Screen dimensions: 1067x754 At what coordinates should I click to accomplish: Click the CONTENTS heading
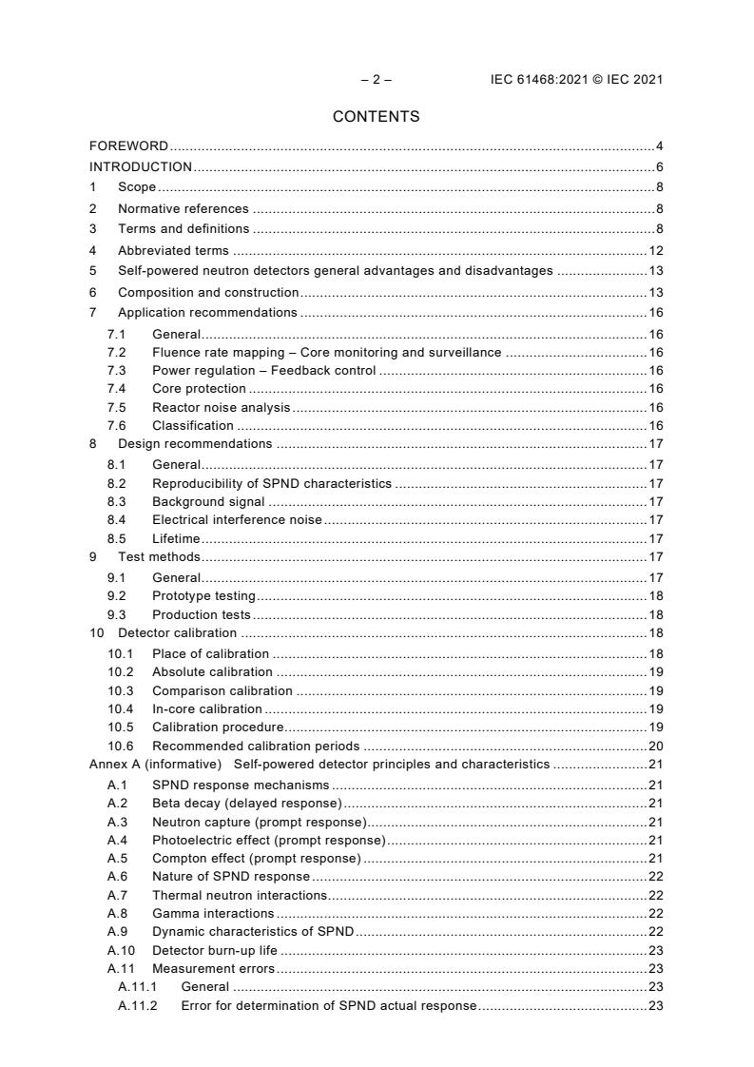[376, 117]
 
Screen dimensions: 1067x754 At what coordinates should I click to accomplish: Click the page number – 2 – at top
[376, 80]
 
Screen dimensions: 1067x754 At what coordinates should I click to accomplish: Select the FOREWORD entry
[128, 146]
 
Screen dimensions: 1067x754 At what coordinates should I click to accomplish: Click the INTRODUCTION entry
[141, 166]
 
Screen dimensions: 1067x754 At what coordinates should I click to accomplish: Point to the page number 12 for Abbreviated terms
[655, 251]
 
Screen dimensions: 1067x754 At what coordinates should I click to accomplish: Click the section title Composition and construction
[208, 292]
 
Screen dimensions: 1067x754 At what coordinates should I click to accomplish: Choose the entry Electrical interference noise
[237, 519]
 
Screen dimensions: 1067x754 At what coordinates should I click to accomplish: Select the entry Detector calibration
[177, 633]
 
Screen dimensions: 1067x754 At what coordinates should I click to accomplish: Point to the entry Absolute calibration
[212, 671]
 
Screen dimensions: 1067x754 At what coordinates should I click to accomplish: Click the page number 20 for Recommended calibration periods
[655, 746]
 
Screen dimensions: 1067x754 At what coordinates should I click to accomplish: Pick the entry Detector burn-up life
[215, 950]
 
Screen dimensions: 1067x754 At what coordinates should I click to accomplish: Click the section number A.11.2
[138, 1005]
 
